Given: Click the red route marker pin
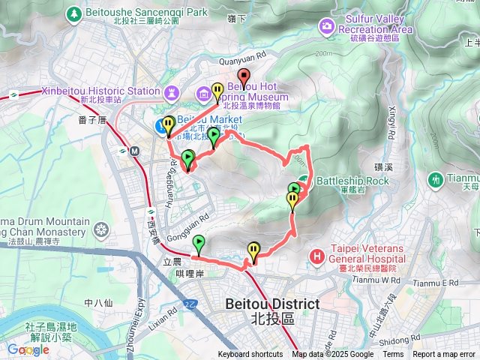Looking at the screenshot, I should [243, 76].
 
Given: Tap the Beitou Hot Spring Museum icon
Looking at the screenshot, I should [203, 94].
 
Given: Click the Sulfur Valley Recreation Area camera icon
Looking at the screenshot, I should [326, 28].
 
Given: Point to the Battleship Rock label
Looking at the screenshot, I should [352, 181].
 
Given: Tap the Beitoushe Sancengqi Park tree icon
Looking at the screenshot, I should [75, 13].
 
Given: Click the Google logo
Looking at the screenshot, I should [28, 349].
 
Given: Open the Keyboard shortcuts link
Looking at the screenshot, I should [250, 355].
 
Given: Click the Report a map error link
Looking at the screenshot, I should [445, 355].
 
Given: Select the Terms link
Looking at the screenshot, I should [393, 355].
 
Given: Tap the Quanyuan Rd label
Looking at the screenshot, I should [243, 55].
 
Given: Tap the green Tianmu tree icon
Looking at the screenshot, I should [435, 179].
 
